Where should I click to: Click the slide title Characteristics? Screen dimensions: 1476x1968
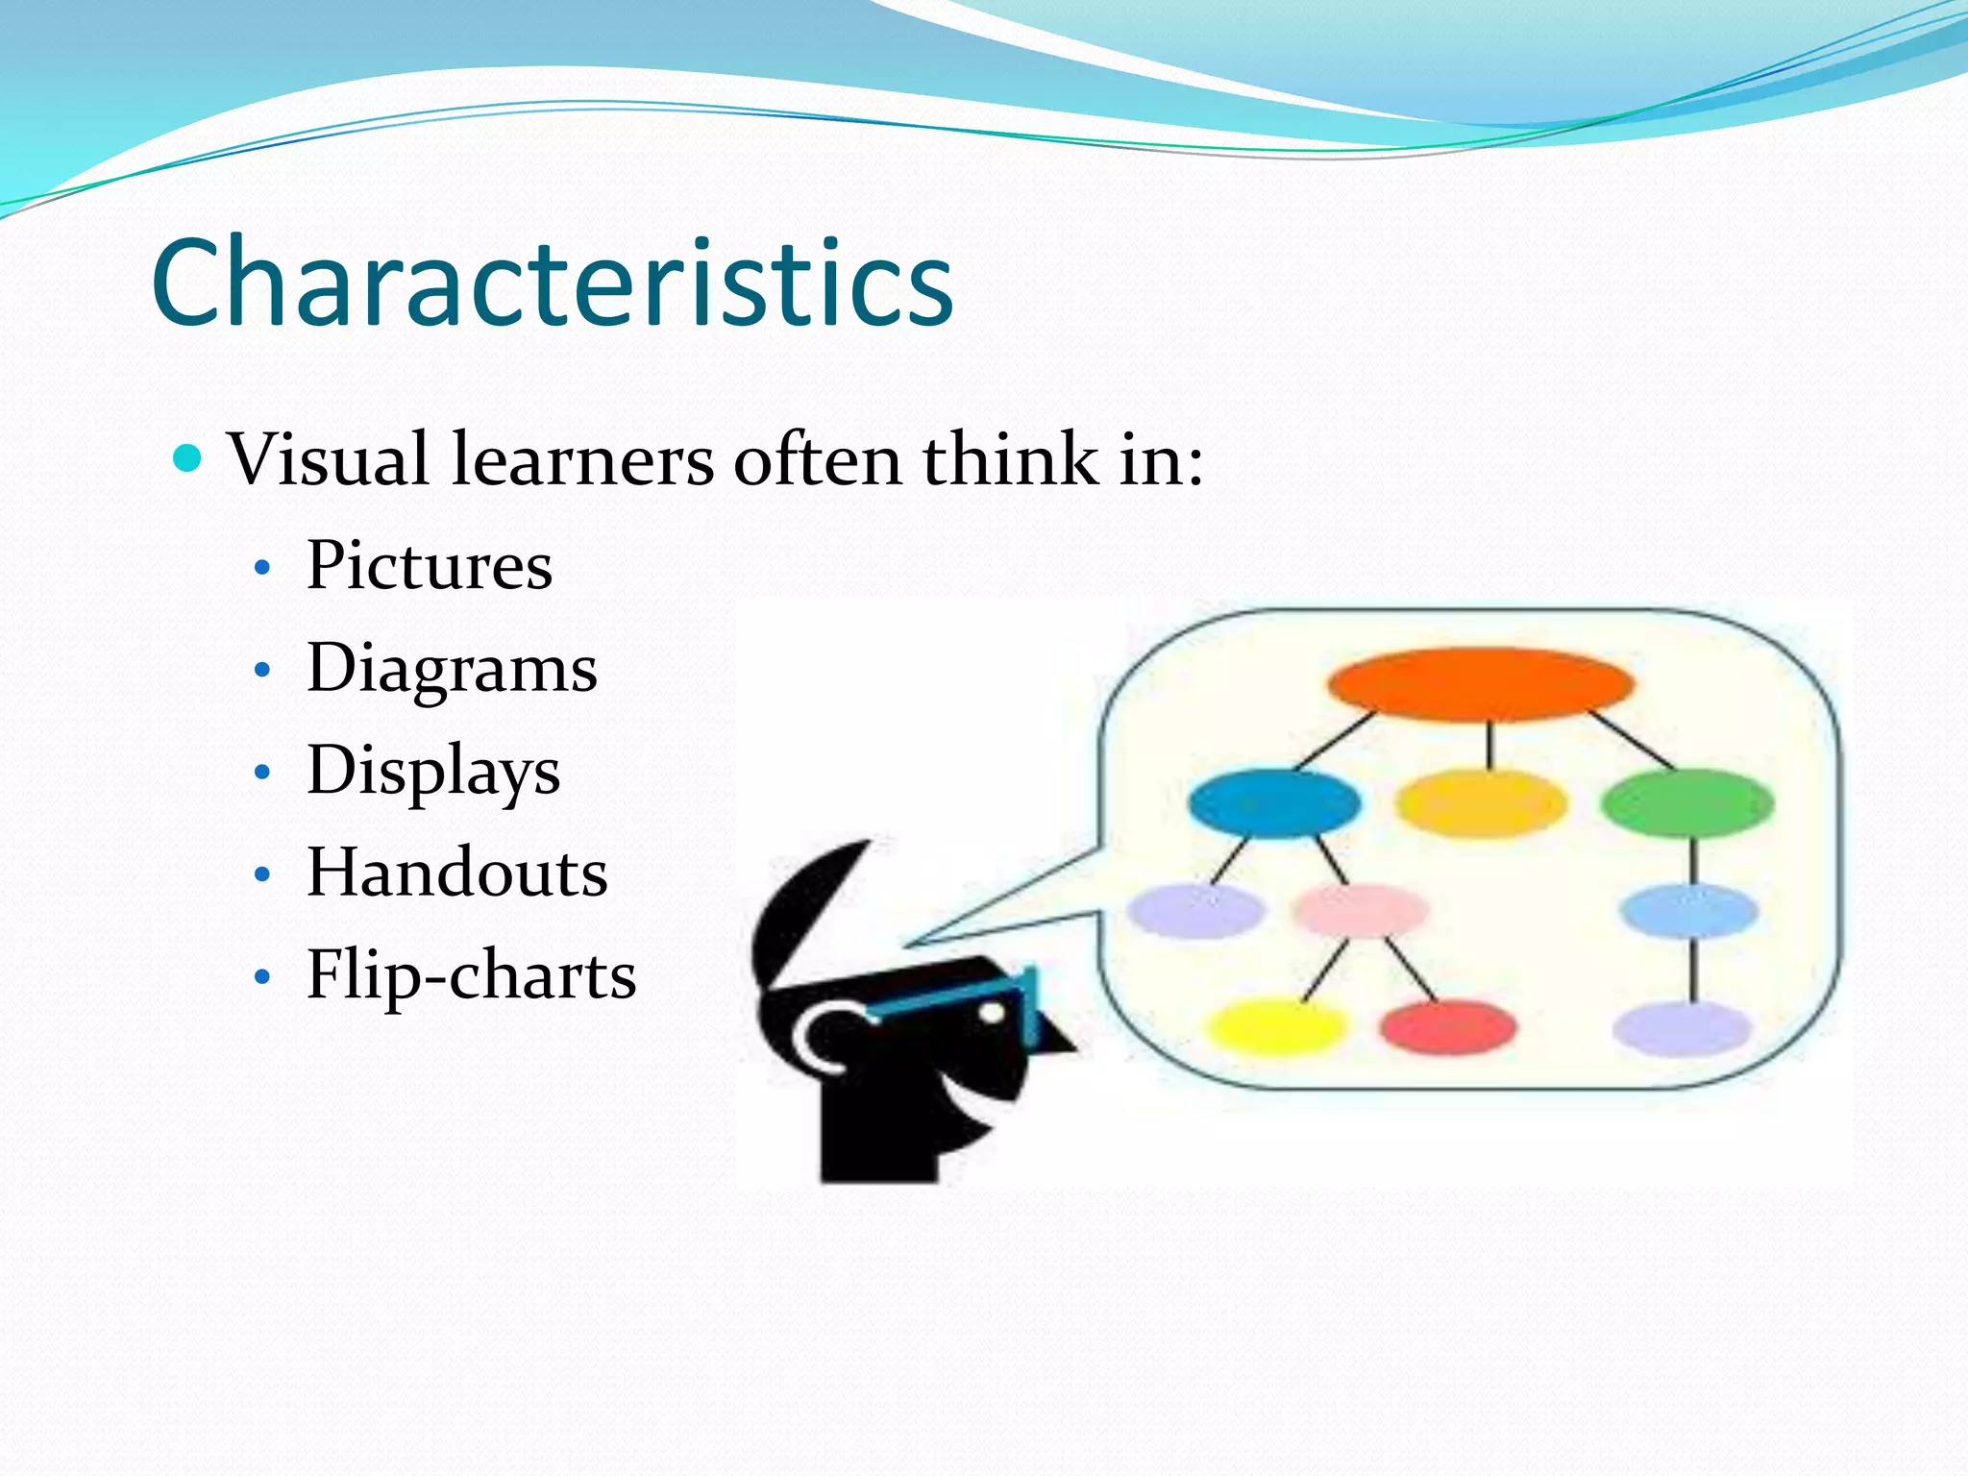552,283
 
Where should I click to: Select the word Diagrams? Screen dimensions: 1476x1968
452,669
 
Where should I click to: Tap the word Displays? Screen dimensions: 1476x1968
433,771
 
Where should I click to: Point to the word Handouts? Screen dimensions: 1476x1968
456,873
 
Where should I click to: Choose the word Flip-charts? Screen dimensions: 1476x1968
471,975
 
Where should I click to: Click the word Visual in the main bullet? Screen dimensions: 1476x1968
328,459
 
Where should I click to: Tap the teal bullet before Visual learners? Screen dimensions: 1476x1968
188,459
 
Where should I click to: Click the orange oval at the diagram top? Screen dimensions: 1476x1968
1481,684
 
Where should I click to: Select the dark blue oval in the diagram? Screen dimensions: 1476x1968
1274,803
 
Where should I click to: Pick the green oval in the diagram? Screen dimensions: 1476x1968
1687,803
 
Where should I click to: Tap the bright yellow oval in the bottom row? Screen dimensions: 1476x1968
1275,1026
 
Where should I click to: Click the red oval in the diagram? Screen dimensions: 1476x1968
1448,1026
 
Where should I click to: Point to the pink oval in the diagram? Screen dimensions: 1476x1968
1361,909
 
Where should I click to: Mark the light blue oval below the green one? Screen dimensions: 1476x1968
1688,910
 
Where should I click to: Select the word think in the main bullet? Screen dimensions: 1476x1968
1010,459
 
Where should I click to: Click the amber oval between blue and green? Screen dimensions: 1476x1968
1481,803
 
